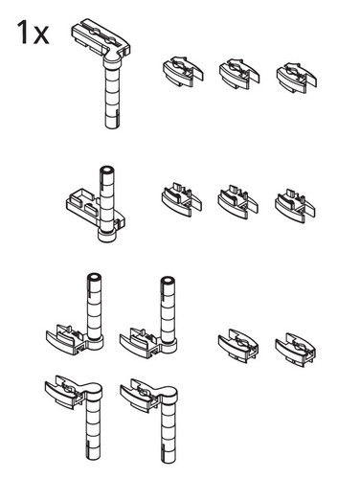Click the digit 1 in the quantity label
pos(23,32)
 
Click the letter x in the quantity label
pos(41,35)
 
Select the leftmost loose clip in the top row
pos(183,72)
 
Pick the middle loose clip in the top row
pos(239,74)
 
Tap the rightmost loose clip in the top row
pos(296,78)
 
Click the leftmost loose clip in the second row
pos(181,199)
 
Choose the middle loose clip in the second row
pos(238,202)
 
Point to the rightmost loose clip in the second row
pos(295,206)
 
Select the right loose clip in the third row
pos(295,350)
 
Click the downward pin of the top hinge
pos(113,96)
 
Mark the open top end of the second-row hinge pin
pos(107,170)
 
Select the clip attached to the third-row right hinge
pos(141,342)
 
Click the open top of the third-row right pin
pos(168,280)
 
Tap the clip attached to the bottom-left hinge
pos(64,391)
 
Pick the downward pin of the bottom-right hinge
pos(169,429)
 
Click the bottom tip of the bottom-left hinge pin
pos(94,459)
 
